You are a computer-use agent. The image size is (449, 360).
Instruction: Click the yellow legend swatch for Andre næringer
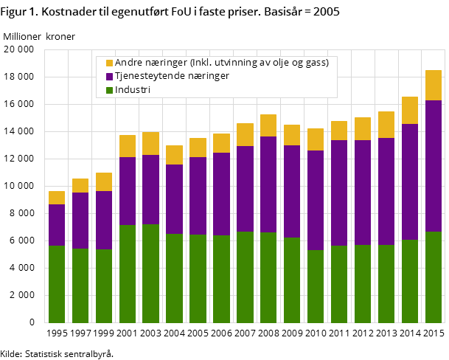click(110, 63)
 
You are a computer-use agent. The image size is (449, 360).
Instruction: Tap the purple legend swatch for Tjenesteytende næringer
click(110, 77)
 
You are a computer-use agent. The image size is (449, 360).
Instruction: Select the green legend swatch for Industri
click(110, 90)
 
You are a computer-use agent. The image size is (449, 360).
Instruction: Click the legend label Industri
click(133, 90)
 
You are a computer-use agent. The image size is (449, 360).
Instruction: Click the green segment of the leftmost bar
click(57, 284)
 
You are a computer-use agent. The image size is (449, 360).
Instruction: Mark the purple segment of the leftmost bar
click(57, 225)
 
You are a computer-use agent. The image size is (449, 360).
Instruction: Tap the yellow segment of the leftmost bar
click(57, 198)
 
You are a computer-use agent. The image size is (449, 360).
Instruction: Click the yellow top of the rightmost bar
click(434, 86)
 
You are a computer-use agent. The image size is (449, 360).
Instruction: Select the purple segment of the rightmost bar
click(434, 166)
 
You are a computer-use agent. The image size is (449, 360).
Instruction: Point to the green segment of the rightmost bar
click(434, 277)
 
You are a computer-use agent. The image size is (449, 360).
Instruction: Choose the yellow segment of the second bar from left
click(80, 186)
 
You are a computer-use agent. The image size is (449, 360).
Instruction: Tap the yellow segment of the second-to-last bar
click(410, 111)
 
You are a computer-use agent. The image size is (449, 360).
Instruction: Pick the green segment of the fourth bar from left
click(128, 274)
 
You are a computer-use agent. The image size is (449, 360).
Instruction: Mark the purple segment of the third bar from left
click(104, 221)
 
